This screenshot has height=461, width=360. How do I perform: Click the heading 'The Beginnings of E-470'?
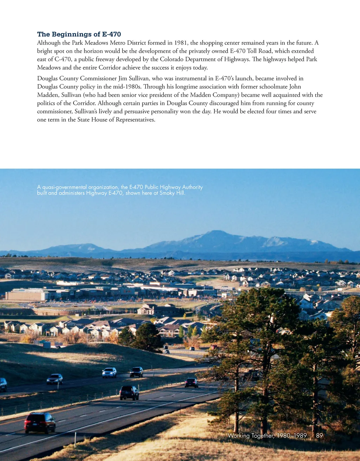pyautogui.click(x=79, y=34)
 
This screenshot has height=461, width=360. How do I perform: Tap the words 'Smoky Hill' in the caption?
pyautogui.click(x=172, y=193)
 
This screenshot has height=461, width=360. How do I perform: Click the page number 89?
pyautogui.click(x=319, y=436)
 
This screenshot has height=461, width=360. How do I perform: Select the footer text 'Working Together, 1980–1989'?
pyautogui.click(x=267, y=436)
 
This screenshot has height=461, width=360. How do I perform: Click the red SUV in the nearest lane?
pyautogui.click(x=40, y=422)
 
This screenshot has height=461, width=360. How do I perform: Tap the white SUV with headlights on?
pyautogui.click(x=109, y=372)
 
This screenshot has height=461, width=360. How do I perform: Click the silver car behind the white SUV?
pyautogui.click(x=54, y=379)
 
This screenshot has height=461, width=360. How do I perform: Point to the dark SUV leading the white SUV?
pyautogui.click(x=136, y=372)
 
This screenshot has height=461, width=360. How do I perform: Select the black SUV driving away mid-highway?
pyautogui.click(x=129, y=392)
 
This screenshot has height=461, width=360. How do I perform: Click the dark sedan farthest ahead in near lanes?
pyautogui.click(x=191, y=383)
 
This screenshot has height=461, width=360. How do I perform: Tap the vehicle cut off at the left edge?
pyautogui.click(x=3, y=384)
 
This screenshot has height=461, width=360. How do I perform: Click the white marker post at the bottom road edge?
pyautogui.click(x=75, y=439)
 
